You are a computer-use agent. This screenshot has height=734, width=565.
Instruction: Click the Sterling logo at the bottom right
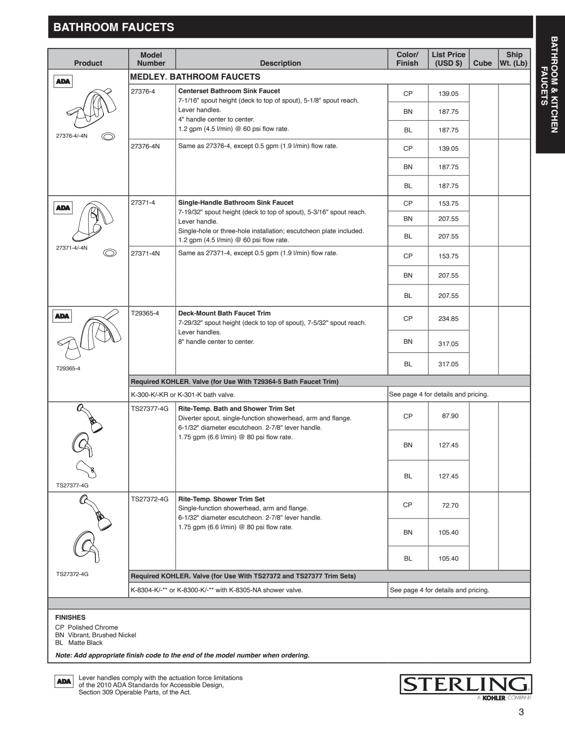click(466, 684)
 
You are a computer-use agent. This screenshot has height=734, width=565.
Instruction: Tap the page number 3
click(521, 712)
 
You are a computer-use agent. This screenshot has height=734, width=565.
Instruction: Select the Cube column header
click(482, 63)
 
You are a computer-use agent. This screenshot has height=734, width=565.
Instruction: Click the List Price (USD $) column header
click(448, 59)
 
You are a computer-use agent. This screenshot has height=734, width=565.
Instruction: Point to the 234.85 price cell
click(448, 319)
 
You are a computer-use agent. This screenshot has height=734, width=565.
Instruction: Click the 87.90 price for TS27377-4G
click(450, 416)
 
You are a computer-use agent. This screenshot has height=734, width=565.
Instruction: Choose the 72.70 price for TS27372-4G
click(450, 505)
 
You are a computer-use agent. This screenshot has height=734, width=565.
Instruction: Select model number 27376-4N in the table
click(145, 146)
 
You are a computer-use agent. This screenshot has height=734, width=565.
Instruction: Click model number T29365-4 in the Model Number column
click(145, 313)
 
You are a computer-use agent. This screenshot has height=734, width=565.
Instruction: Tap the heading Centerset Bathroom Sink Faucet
click(229, 91)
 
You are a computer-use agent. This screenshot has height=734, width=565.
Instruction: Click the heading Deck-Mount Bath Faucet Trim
click(224, 313)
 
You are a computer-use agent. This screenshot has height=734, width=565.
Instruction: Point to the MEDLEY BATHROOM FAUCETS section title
click(195, 77)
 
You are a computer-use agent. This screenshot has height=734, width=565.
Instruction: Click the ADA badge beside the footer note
click(63, 681)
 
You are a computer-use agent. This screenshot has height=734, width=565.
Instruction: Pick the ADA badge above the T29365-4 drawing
click(62, 316)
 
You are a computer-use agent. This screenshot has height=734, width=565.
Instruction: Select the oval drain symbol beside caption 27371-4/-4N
click(110, 253)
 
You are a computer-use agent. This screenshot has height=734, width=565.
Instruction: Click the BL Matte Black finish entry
click(79, 643)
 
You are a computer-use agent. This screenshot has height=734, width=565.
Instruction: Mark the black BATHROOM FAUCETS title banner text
click(114, 27)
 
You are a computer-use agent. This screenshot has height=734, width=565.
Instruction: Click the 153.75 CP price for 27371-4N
click(448, 256)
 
